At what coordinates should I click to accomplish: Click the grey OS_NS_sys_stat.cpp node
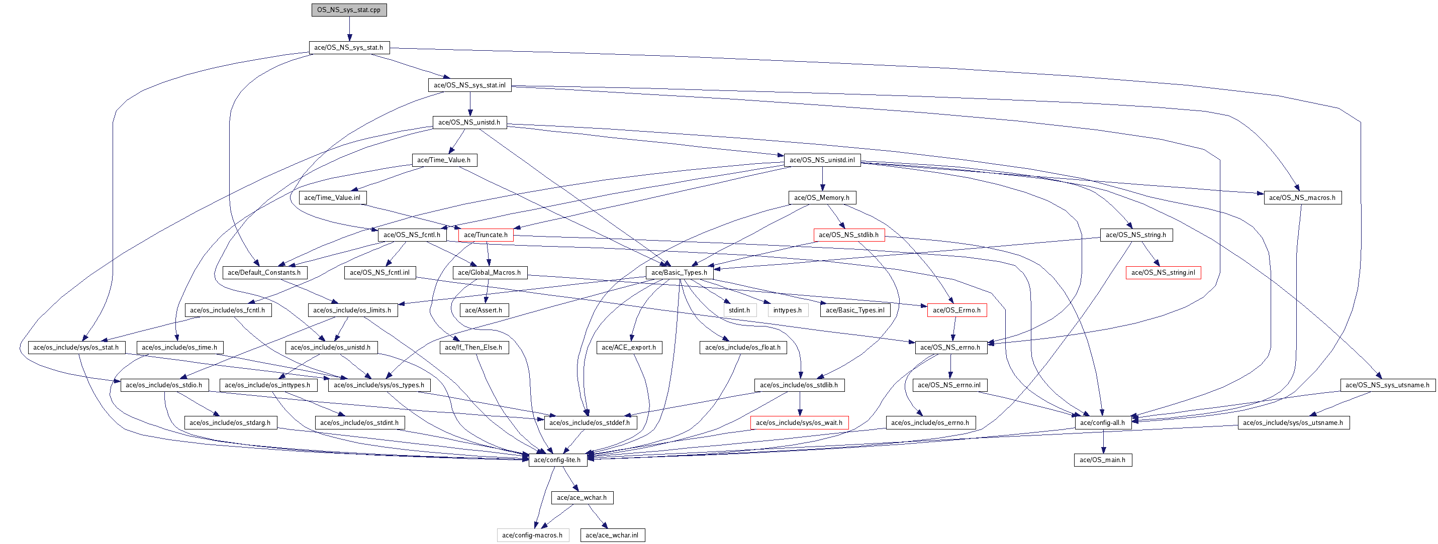(x=349, y=10)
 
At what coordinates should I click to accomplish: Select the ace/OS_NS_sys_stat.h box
(x=349, y=47)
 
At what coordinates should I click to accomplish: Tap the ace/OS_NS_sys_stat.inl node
(x=469, y=85)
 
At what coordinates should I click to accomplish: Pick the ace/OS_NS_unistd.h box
(x=469, y=122)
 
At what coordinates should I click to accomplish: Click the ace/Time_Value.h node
(x=444, y=160)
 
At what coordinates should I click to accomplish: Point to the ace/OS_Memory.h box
(x=822, y=197)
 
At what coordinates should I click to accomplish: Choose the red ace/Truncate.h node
(x=486, y=235)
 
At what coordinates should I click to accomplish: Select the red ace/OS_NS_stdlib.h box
(x=848, y=235)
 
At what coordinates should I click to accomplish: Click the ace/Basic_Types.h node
(x=680, y=272)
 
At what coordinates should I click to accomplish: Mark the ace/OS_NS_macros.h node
(x=1302, y=197)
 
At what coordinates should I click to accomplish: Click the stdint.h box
(x=739, y=310)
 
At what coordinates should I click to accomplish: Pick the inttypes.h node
(x=787, y=310)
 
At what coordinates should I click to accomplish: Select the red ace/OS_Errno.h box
(x=956, y=310)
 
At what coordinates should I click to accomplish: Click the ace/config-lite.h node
(x=557, y=460)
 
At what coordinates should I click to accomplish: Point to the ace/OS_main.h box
(x=1103, y=460)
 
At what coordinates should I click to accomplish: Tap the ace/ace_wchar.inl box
(x=612, y=535)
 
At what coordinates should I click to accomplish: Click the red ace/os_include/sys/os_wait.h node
(x=799, y=422)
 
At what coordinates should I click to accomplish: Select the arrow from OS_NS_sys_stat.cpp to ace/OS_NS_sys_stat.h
(x=349, y=29)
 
